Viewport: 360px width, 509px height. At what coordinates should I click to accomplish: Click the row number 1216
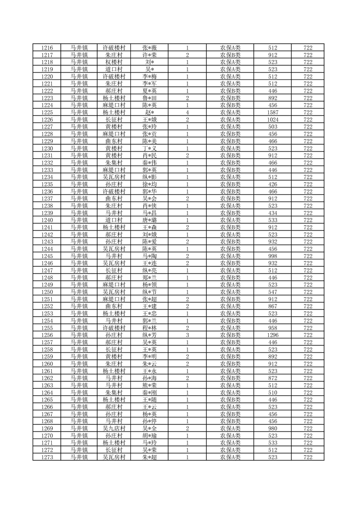47,47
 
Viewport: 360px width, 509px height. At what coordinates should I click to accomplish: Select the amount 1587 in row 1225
273,112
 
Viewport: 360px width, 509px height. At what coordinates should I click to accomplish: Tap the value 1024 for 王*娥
273,119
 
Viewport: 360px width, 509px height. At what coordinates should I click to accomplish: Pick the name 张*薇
149,47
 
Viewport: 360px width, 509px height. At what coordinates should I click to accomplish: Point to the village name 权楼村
114,62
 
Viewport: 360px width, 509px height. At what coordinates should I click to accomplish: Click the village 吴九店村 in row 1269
114,428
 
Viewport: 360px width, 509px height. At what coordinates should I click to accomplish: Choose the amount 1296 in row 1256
273,335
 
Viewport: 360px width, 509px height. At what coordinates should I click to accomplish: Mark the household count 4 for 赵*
187,112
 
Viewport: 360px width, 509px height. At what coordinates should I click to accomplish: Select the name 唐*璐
149,220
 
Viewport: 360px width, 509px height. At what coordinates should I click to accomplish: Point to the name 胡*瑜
149,436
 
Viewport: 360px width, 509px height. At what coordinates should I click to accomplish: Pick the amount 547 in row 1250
273,292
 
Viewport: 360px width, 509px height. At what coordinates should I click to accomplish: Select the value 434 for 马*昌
273,213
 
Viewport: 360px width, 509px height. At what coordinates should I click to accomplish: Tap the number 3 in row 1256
187,335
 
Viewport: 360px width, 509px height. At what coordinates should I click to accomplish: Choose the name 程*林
149,328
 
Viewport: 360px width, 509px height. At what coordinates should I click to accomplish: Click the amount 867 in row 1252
273,306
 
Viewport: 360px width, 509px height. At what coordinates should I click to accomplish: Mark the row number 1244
47,249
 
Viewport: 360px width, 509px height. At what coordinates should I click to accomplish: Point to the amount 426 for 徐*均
273,184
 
